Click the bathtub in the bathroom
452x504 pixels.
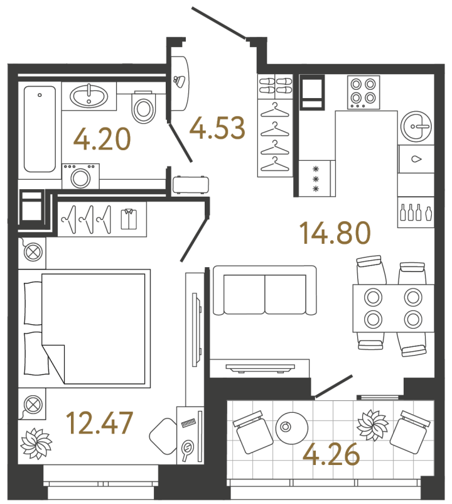click(40, 129)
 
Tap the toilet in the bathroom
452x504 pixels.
click(144, 107)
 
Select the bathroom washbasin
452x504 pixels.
click(89, 97)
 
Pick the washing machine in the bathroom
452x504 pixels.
click(80, 176)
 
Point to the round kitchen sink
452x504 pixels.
click(417, 126)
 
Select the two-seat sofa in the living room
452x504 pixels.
click(264, 290)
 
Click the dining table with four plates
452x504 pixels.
click(392, 308)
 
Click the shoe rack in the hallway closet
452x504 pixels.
click(274, 85)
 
